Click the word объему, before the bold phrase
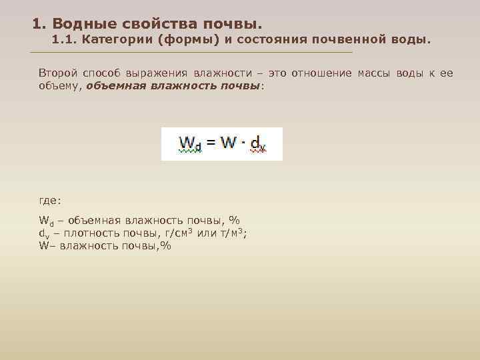(x=60, y=86)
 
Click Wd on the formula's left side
(x=189, y=144)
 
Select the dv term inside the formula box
(x=257, y=145)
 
